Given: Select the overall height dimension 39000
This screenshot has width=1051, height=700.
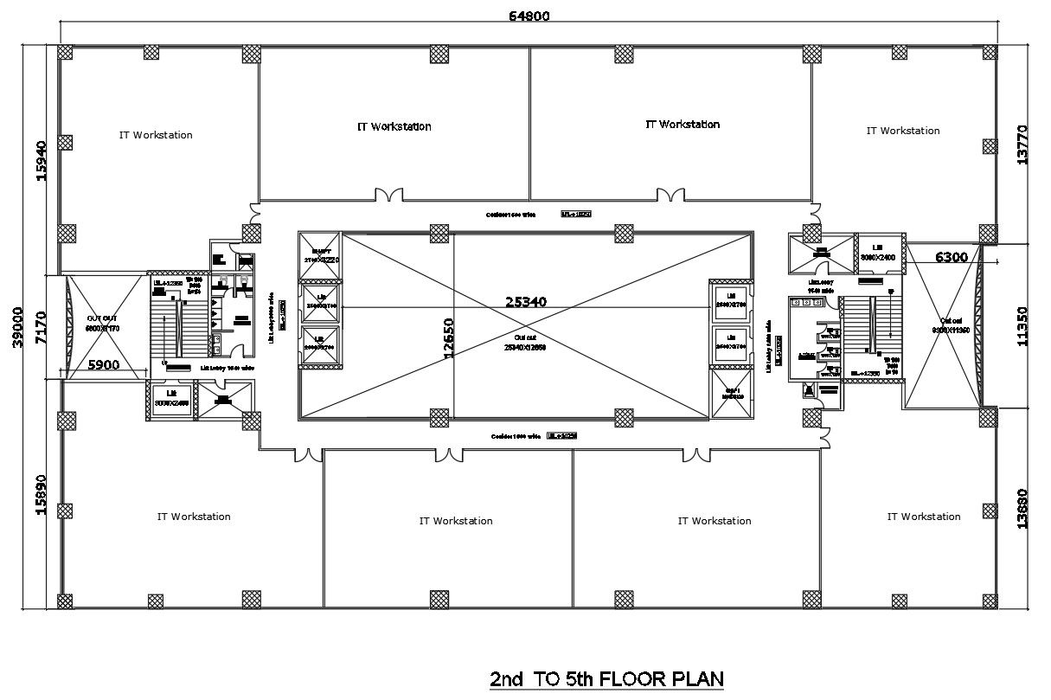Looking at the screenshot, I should coord(16,327).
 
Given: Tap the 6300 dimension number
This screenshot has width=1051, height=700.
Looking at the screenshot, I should coord(954,256).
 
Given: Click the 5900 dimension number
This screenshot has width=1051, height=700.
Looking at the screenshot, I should coord(104,365).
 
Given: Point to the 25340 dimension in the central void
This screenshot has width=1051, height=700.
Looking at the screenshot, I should coord(530,302).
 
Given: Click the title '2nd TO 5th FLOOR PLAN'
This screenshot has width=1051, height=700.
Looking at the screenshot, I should coord(606,678).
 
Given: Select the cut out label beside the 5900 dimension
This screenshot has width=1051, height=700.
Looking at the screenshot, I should coord(101,323).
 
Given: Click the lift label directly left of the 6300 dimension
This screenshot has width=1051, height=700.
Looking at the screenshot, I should coord(877,252).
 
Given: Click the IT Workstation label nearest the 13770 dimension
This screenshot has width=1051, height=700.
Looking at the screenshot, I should coord(902,131).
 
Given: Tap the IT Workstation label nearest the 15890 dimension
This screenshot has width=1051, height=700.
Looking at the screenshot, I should coord(194,517).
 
